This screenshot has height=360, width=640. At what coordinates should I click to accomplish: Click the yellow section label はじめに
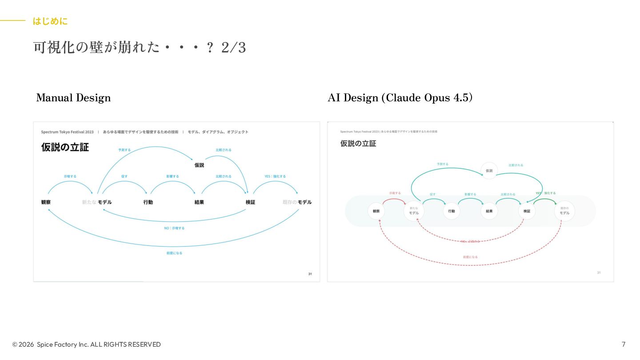pyautogui.click(x=50, y=21)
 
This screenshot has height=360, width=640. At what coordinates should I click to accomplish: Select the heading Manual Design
pyautogui.click(x=73, y=98)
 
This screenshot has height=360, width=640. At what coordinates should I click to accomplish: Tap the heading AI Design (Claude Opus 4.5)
pyautogui.click(x=400, y=98)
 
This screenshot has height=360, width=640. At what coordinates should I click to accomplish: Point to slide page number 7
pyautogui.click(x=624, y=344)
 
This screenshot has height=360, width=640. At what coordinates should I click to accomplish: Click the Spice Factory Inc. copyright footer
pyautogui.click(x=87, y=344)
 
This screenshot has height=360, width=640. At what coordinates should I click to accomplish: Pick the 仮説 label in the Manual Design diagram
pyautogui.click(x=199, y=165)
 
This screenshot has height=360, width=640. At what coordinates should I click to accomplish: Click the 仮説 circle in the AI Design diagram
pyautogui.click(x=489, y=171)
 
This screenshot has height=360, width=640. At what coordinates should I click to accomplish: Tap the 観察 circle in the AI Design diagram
pyautogui.click(x=376, y=211)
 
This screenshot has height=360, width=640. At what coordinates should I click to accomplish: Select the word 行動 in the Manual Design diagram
pyautogui.click(x=148, y=202)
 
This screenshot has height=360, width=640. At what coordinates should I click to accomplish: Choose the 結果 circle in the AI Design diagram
pyautogui.click(x=489, y=211)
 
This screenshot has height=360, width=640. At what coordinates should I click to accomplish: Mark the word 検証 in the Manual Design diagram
pyautogui.click(x=250, y=202)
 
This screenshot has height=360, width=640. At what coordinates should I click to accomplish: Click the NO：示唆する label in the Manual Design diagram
pyautogui.click(x=174, y=228)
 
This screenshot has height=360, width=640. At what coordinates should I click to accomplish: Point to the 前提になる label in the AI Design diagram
pyautogui.click(x=470, y=257)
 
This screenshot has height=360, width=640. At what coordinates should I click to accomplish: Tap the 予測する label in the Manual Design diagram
pyautogui.click(x=124, y=150)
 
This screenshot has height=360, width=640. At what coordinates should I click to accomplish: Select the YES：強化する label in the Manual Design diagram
pyautogui.click(x=275, y=176)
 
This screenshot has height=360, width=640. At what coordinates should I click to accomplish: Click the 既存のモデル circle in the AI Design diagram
pyautogui.click(x=564, y=211)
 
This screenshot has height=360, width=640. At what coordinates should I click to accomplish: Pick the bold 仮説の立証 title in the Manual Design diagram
pyautogui.click(x=65, y=148)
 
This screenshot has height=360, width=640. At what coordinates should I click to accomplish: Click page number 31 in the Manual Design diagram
pyautogui.click(x=310, y=274)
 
